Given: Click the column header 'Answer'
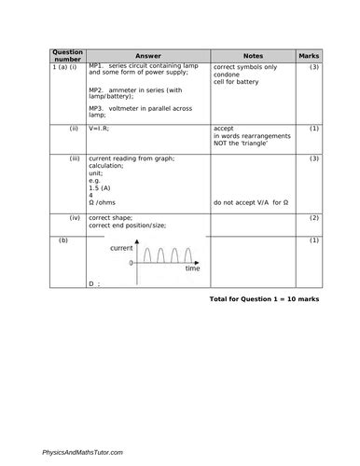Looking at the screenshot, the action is (x=142, y=56).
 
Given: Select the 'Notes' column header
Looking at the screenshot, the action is (x=253, y=56).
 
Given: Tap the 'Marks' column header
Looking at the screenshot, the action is (x=309, y=56).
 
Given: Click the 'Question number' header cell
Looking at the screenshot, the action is (x=67, y=56).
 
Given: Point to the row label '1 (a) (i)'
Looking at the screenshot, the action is (x=65, y=68).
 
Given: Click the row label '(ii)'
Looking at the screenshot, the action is (x=74, y=129).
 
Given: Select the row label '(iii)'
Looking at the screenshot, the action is (x=75, y=159).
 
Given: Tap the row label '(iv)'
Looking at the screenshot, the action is (x=74, y=218).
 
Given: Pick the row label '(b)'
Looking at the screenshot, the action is (x=63, y=240).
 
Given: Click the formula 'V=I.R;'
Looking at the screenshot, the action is (x=101, y=129).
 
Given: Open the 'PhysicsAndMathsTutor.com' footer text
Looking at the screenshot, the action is (x=83, y=451).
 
